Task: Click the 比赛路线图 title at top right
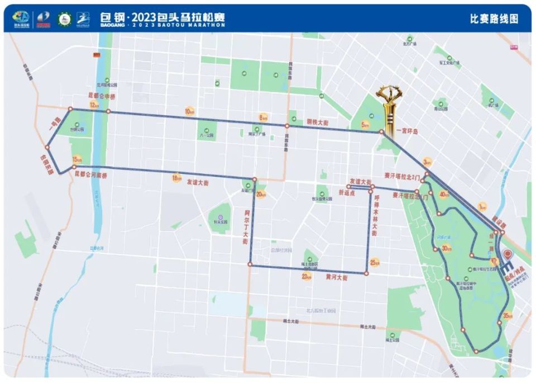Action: click(494, 18)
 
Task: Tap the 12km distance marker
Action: click(94, 105)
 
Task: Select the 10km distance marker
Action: click(190, 111)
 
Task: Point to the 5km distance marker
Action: click(366, 125)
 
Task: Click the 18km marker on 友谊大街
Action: click(177, 178)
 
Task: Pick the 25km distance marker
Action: click(375, 262)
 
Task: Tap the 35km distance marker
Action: click(507, 315)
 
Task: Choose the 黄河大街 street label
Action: click(335, 278)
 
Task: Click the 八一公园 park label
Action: click(207, 135)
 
